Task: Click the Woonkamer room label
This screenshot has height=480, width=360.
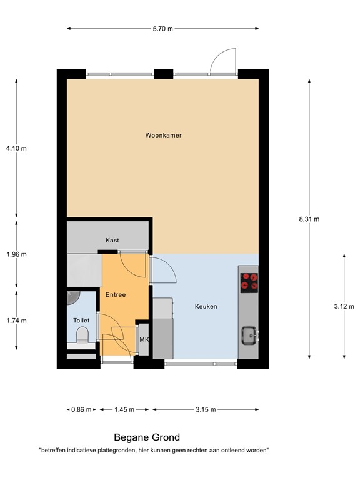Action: [163, 135]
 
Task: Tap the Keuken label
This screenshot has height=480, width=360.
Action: [206, 307]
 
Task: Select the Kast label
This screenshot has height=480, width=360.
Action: [112, 240]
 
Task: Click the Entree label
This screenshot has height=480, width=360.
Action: [116, 294]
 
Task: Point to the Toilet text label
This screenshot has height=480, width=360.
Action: [81, 320]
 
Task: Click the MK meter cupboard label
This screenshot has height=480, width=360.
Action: [144, 340]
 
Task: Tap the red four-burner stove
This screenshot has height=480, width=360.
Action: [250, 282]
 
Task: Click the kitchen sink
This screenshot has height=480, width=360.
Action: [249, 336]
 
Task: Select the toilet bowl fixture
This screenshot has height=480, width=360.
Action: [81, 338]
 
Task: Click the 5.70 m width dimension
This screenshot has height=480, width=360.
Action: [162, 28]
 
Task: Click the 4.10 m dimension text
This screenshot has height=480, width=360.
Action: [16, 148]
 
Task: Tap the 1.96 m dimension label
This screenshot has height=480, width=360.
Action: [16, 254]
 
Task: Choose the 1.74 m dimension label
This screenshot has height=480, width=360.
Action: [16, 321]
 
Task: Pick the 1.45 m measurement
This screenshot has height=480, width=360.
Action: [124, 410]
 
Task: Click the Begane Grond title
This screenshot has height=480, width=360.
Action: [146, 438]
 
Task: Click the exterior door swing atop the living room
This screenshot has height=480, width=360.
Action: [222, 61]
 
